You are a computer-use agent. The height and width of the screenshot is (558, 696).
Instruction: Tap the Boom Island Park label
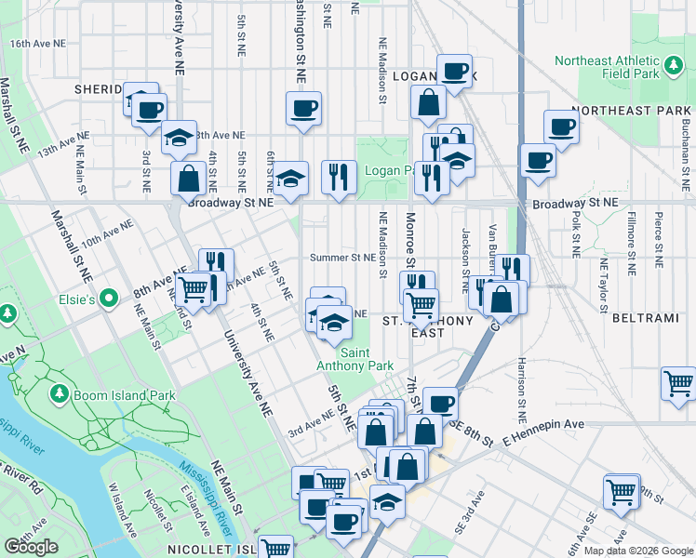pyautogui.click(x=125, y=395)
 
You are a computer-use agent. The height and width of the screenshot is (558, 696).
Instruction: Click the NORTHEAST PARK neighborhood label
pyautogui.click(x=632, y=110)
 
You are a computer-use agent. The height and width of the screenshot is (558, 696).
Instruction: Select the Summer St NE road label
pyautogui.click(x=341, y=257)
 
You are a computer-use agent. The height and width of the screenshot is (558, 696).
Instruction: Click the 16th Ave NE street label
pyautogui.click(x=38, y=44)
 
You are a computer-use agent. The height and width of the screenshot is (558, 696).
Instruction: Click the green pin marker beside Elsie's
pyautogui.click(x=109, y=299)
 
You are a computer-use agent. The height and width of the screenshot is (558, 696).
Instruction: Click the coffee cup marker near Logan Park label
pyautogui.click(x=454, y=72)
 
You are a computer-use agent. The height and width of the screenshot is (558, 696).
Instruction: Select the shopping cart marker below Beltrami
pyautogui.click(x=679, y=381)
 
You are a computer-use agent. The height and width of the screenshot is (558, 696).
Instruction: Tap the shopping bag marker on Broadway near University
pyautogui.click(x=188, y=178)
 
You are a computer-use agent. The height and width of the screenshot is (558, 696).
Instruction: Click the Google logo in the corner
pyautogui.click(x=31, y=547)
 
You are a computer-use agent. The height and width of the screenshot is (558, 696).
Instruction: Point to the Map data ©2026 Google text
pyautogui.click(x=638, y=551)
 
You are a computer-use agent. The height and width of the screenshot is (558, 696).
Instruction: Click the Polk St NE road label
pyautogui.click(x=577, y=241)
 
